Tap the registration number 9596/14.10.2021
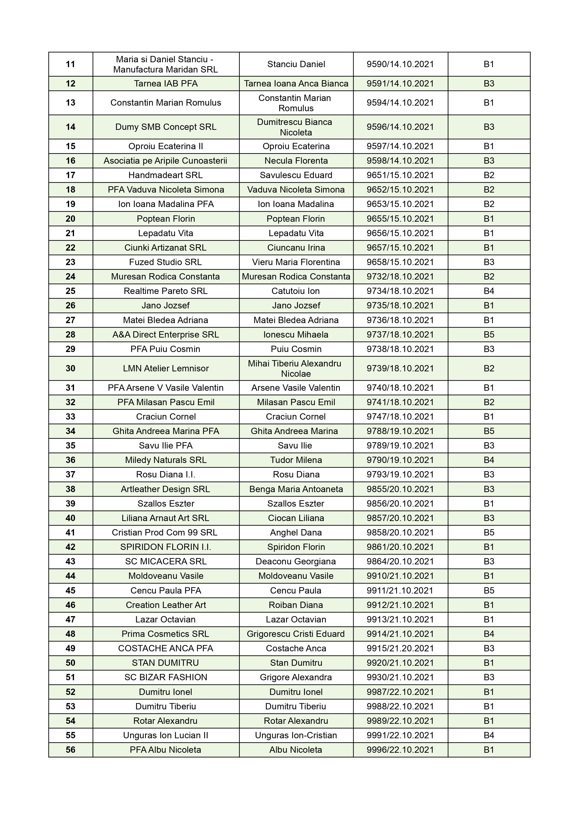[x=400, y=127]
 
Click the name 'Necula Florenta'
[x=296, y=161]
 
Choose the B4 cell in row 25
[x=488, y=291]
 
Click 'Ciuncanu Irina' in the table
[x=296, y=248]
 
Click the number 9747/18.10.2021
[x=400, y=417]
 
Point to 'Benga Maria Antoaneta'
[x=296, y=489]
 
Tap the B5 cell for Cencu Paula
[x=488, y=590]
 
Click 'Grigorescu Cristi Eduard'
[x=296, y=634]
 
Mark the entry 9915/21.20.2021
[x=400, y=649]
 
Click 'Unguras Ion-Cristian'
[x=296, y=735]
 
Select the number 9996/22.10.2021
[x=400, y=750]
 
